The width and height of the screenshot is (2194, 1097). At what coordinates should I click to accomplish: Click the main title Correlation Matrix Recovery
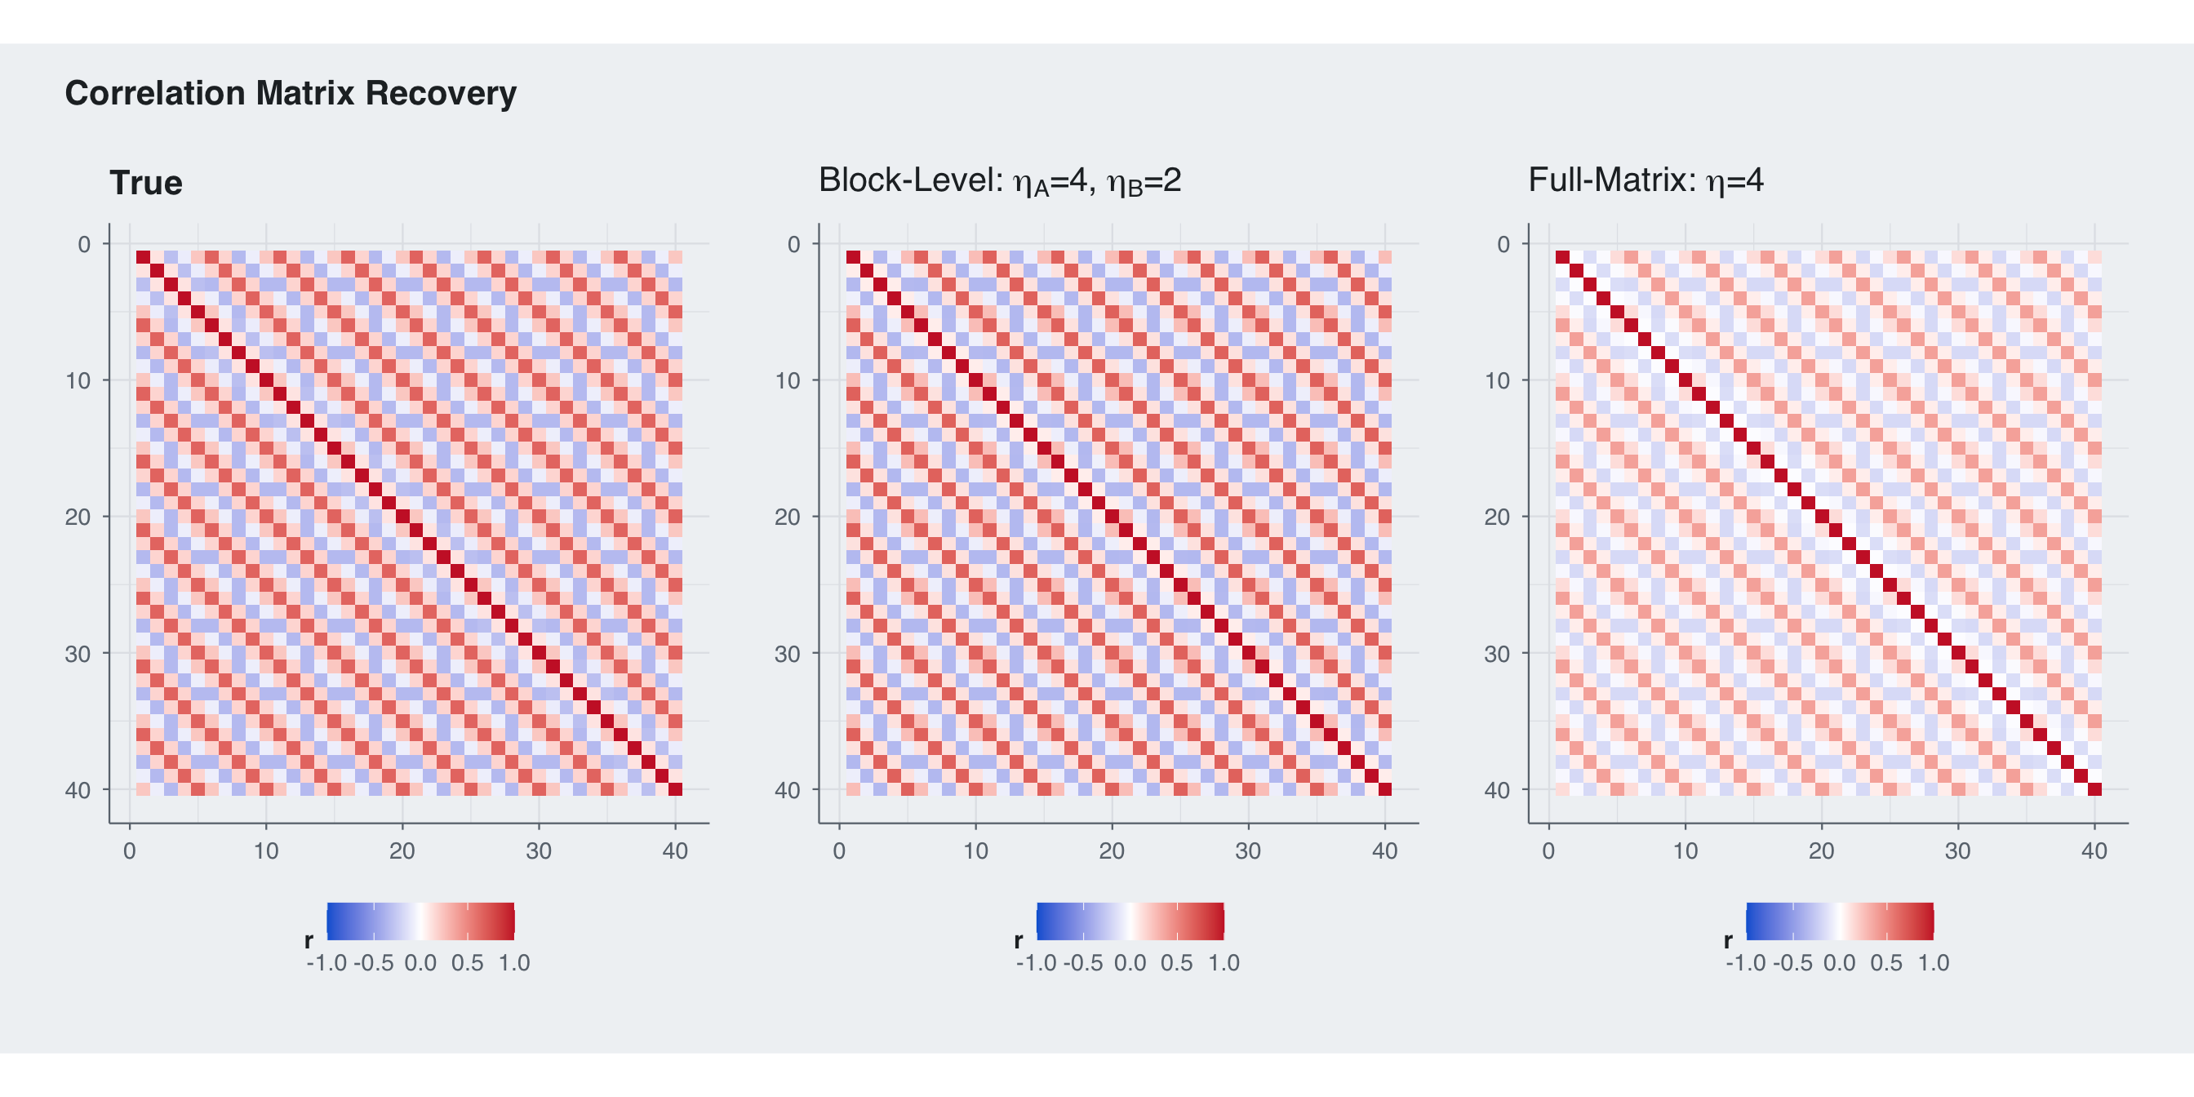tap(291, 93)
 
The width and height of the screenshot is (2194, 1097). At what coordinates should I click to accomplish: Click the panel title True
tap(145, 183)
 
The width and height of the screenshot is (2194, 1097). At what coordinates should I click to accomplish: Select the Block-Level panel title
tap(999, 180)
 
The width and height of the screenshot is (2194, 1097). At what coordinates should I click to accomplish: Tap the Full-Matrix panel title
tap(1645, 180)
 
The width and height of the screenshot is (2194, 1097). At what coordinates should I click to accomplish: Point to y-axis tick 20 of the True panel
tap(78, 517)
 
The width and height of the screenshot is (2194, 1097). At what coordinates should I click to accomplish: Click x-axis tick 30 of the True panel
tap(538, 851)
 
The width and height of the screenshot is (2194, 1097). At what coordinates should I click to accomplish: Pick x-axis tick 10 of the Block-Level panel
tap(975, 851)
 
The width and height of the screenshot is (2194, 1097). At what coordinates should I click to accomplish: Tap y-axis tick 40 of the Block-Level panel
tap(787, 790)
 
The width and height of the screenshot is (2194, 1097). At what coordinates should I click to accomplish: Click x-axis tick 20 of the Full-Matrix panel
tap(1821, 851)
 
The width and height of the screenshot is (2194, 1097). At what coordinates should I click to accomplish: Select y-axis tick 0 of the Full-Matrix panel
tap(1503, 244)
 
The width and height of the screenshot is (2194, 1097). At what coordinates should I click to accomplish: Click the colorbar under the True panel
tap(420, 922)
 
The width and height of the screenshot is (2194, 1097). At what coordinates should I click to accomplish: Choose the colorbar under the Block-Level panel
tap(1130, 922)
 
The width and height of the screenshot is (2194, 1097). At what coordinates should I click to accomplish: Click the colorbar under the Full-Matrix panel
tap(1840, 922)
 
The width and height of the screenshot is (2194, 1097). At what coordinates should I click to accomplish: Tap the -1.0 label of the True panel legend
tap(326, 963)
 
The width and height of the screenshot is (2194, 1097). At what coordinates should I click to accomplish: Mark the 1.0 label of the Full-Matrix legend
tap(1934, 963)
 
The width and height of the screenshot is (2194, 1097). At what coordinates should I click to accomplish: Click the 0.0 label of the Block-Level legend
tap(1130, 963)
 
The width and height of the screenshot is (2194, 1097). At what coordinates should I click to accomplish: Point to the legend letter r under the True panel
tap(309, 940)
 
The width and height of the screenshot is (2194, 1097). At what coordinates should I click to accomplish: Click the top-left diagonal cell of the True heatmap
tap(143, 257)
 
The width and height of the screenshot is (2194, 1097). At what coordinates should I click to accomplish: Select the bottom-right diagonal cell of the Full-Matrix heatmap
tap(2094, 789)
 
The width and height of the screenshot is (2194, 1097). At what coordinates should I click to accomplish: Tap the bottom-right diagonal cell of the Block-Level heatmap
tap(1385, 789)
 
